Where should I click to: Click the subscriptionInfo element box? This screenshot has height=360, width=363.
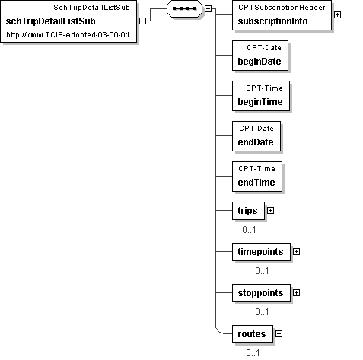(282, 15)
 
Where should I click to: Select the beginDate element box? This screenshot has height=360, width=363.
(260, 56)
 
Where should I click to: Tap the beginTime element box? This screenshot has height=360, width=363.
(261, 96)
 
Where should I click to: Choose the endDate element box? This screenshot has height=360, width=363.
(256, 136)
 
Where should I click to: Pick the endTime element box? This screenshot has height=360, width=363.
(257, 177)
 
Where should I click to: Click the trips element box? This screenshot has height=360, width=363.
(248, 211)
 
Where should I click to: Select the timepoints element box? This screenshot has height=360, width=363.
(261, 252)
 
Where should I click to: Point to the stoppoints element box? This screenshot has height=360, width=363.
(261, 293)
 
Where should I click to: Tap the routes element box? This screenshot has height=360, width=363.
(253, 334)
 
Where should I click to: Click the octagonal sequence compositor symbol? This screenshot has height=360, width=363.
(184, 8)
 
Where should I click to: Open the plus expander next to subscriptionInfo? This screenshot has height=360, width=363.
(337, 15)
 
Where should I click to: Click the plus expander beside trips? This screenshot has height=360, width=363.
(271, 211)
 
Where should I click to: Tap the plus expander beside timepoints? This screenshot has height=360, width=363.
(296, 252)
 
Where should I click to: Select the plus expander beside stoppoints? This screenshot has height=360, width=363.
(296, 293)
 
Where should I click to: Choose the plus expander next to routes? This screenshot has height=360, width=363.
(279, 334)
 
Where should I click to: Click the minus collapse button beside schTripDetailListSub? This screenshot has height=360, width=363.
(143, 21)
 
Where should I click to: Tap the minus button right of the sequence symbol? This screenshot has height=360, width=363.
(208, 8)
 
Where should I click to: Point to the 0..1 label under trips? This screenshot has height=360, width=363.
(249, 230)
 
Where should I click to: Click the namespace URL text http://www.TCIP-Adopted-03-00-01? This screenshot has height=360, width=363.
(68, 35)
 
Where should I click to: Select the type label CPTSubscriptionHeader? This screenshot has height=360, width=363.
(282, 8)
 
